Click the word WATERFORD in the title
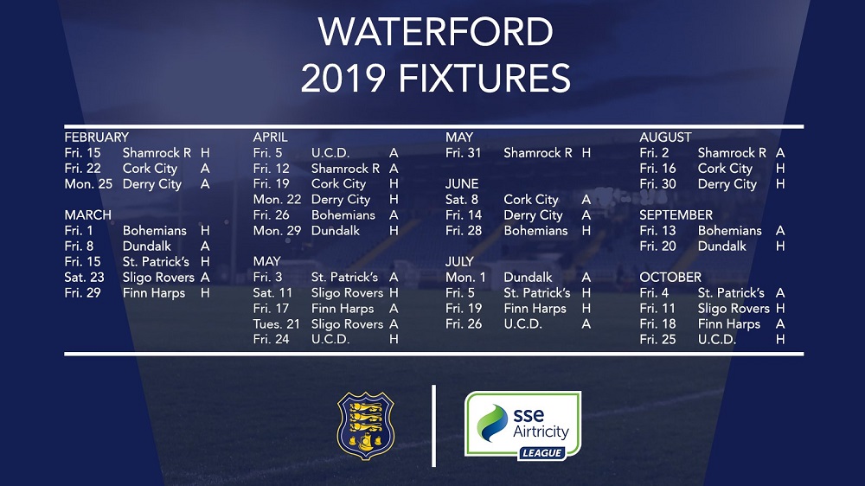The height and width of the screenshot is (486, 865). [435, 32]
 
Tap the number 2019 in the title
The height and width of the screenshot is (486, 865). [343, 78]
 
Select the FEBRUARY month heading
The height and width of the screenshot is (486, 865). [97, 137]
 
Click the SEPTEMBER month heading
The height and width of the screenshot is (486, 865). [676, 214]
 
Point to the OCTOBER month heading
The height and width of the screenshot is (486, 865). [670, 277]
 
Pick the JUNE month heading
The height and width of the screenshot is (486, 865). [462, 183]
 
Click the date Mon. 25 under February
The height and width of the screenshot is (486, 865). [88, 183]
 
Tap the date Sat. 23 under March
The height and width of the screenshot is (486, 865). [85, 277]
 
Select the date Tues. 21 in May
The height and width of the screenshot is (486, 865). [277, 323]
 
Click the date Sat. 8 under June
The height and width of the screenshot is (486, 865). [462, 199]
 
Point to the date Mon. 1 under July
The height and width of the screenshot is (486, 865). [465, 277]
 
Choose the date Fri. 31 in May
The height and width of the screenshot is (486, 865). [464, 153]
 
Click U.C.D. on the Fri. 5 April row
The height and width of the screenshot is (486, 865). [330, 153]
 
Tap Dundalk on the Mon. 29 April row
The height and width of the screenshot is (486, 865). [336, 231]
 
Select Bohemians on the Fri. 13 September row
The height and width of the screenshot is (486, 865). [730, 231]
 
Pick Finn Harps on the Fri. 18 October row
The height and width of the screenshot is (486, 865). [728, 323]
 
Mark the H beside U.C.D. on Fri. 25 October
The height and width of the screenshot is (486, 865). [780, 339]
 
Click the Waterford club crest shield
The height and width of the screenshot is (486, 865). [365, 425]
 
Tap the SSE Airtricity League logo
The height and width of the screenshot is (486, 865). [523, 425]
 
